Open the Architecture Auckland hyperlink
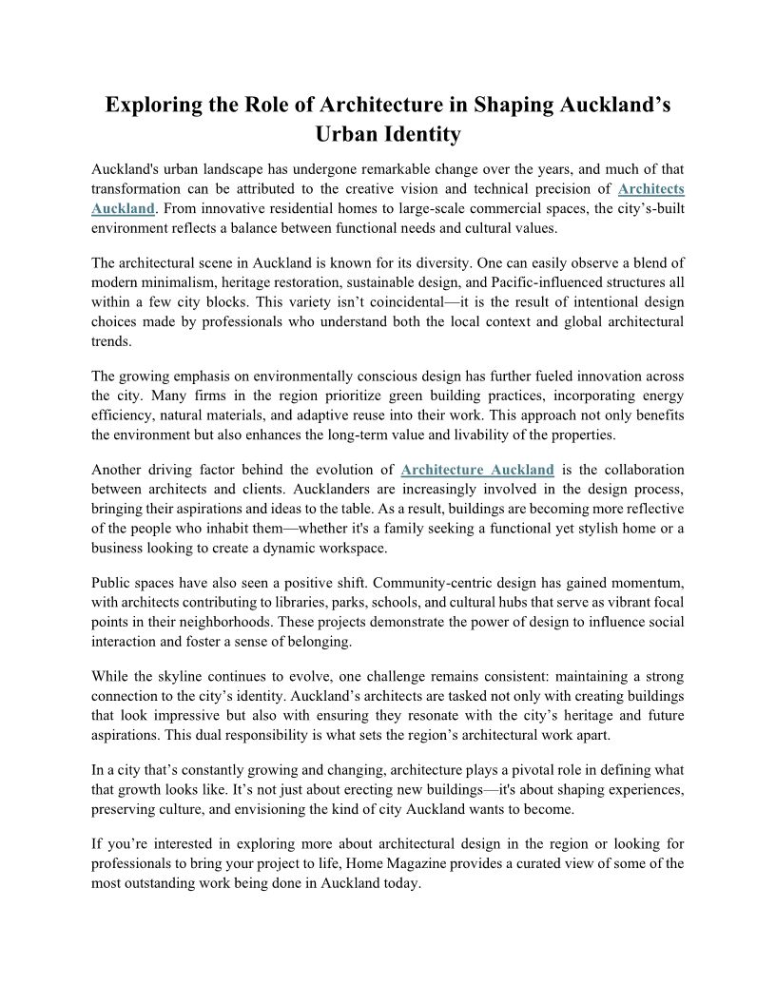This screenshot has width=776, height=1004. coord(477,470)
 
